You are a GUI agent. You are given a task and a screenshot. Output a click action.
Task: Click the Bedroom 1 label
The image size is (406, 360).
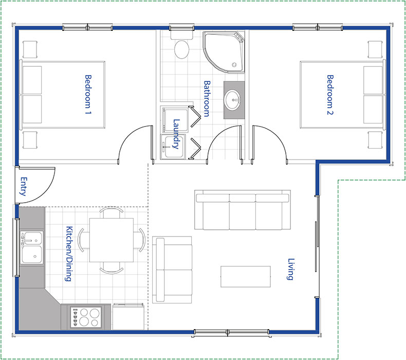coord(88,95)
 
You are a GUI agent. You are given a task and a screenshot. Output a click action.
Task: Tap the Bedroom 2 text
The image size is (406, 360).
coord(330,95)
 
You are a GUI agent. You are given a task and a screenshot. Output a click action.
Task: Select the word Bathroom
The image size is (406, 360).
coord(207,99)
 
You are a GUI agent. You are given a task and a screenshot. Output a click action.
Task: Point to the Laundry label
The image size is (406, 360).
coord(176,134)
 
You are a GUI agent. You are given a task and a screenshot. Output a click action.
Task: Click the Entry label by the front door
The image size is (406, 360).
coord(24,186)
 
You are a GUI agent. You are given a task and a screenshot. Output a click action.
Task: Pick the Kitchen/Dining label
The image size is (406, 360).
coord(69,254)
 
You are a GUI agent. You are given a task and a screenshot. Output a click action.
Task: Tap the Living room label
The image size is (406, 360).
coord(291,269)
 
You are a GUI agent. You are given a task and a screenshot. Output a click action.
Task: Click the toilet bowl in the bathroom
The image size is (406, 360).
coord(181,49)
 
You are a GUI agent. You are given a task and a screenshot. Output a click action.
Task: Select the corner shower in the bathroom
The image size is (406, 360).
coord(224,52)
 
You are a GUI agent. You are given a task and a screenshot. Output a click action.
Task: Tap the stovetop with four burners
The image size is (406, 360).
coord(86,317)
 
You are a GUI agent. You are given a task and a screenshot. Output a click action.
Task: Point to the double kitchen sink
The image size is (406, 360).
coord(31,247)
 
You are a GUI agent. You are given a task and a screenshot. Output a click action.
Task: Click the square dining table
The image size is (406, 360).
coord(112,240)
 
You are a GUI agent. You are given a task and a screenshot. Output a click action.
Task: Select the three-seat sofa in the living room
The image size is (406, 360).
coord(243,210)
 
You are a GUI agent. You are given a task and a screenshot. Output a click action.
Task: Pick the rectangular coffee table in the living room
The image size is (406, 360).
coord(246,277)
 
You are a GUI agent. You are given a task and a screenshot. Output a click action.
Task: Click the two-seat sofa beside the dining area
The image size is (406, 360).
coord(172,269)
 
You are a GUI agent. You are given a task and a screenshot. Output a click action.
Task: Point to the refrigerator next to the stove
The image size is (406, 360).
coord(128,317)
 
